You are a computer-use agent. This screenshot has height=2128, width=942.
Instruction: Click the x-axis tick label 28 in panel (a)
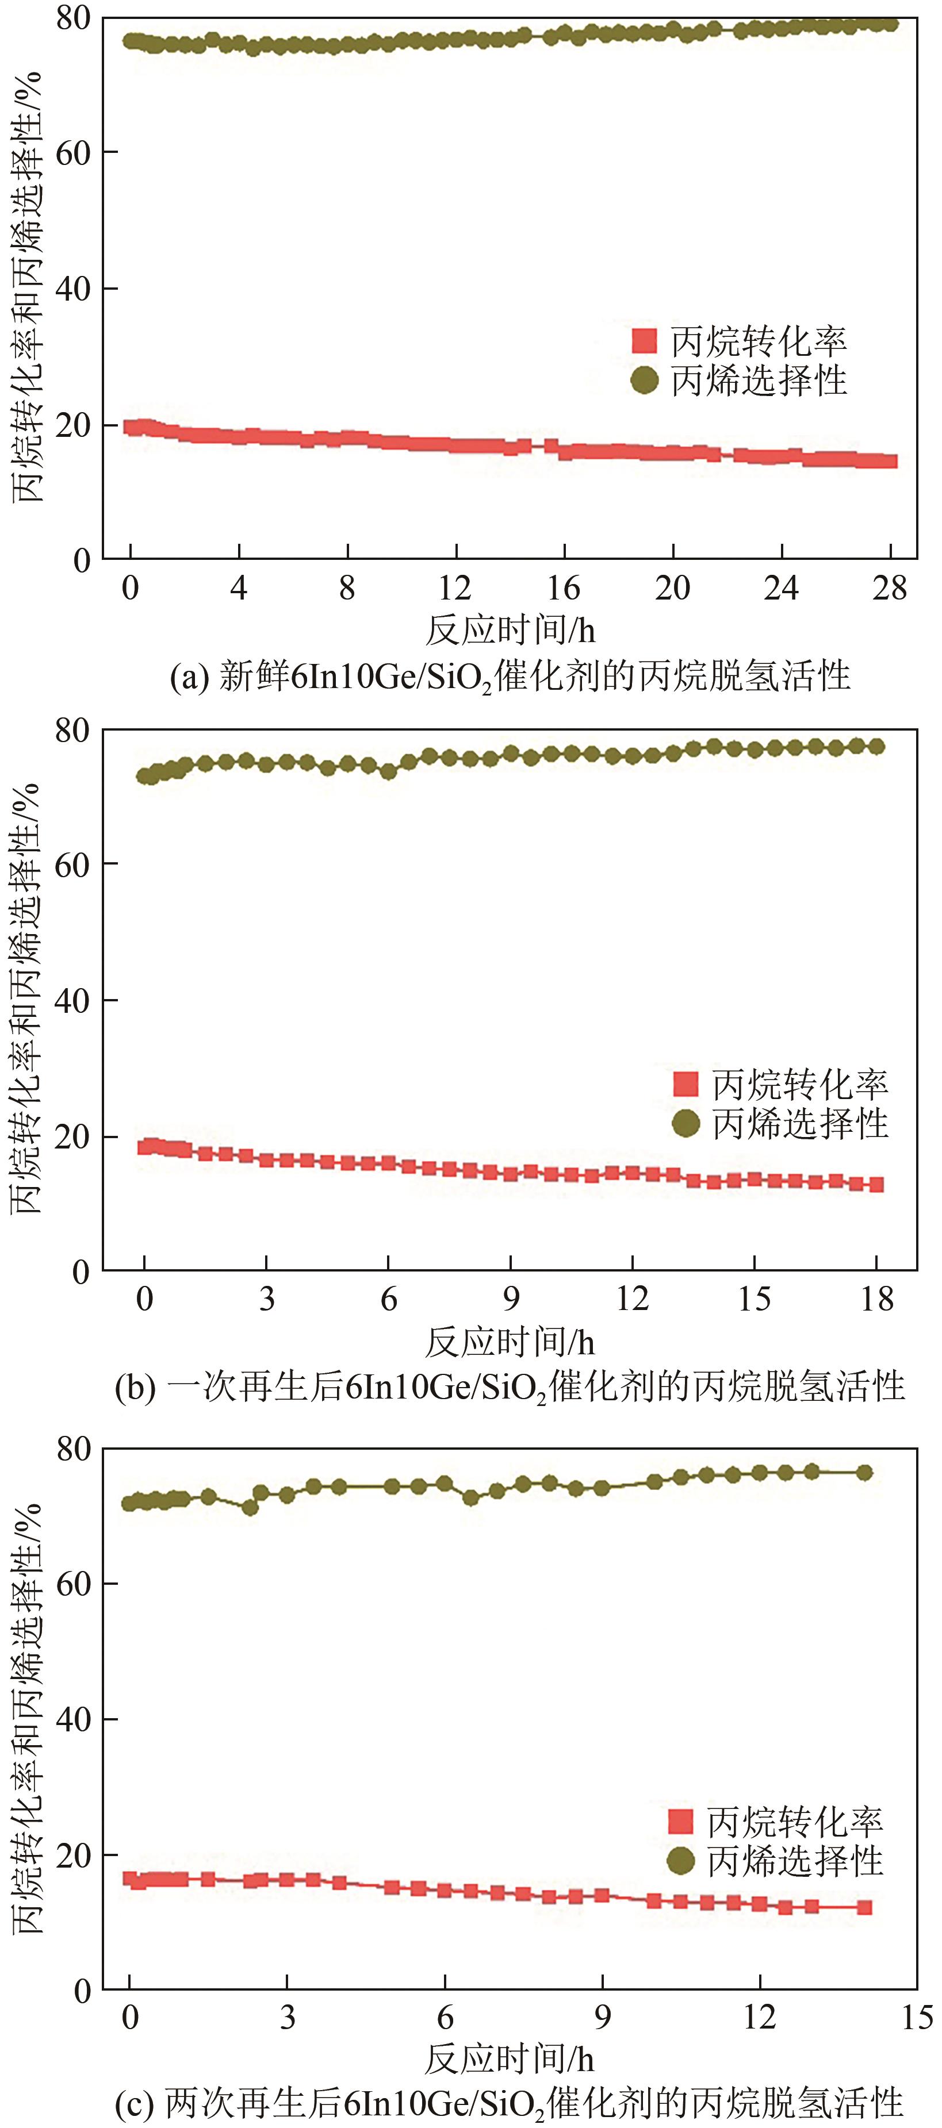tap(889, 587)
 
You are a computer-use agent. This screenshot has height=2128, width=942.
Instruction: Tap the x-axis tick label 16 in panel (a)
tap(564, 587)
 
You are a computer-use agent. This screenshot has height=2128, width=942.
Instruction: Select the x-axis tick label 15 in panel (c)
tap(916, 2016)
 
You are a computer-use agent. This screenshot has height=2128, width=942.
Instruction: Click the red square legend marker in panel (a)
tap(644, 340)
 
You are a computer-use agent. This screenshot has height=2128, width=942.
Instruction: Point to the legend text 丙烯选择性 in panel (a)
tap(759, 381)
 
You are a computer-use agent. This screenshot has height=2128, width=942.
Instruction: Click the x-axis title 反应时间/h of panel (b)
tap(510, 1342)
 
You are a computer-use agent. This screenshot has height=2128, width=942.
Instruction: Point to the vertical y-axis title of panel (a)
tap(26, 289)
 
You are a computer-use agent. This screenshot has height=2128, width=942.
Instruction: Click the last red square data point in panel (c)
tap(864, 1907)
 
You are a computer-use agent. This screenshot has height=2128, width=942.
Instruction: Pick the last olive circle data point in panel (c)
tap(864, 1472)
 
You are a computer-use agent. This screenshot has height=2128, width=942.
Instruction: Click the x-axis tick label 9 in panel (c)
tap(602, 2016)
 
